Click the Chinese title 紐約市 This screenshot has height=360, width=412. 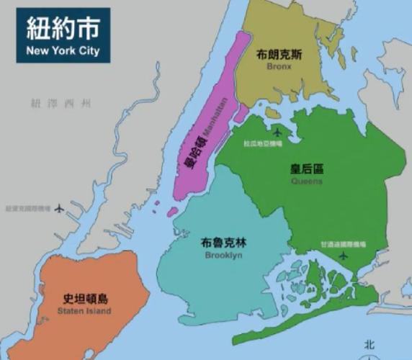[x=63, y=30]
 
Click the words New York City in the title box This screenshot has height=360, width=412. [x=63, y=51]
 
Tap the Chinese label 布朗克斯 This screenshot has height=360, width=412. [x=279, y=54]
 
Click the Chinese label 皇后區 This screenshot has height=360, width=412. [x=306, y=169]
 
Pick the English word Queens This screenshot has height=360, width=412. [x=307, y=181]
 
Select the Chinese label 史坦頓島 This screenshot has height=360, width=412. [x=84, y=298]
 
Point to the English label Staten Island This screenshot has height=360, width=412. [x=84, y=311]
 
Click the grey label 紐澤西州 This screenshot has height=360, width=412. [x=61, y=104]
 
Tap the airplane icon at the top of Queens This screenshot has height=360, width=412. [x=279, y=132]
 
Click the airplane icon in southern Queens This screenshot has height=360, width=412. [x=343, y=256]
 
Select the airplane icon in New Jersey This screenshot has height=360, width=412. [x=59, y=210]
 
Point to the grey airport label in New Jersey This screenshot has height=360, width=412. [x=26, y=210]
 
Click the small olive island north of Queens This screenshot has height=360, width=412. [x=272, y=113]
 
